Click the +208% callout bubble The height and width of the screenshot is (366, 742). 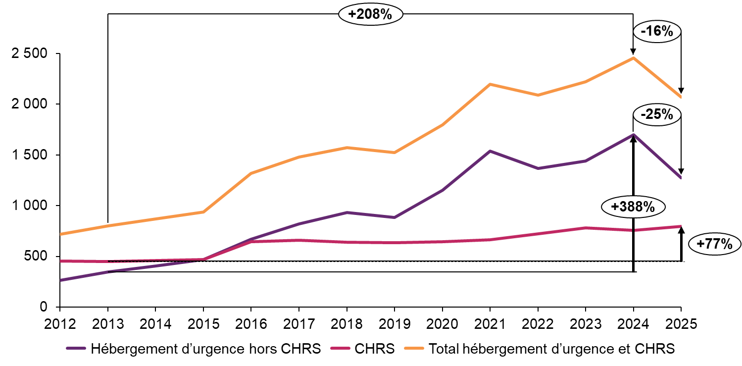(370, 14)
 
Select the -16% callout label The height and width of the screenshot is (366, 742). (657, 32)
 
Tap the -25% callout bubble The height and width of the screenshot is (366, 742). (657, 115)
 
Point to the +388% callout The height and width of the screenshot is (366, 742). (633, 207)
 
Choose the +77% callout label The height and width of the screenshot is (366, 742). (714, 244)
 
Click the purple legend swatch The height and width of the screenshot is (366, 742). (76, 349)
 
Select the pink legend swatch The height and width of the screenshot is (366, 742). (340, 349)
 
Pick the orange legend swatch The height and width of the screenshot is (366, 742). (414, 349)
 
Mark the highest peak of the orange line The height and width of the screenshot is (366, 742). (633, 58)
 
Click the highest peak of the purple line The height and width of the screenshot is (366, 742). (633, 135)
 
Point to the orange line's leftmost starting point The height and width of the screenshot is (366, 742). (60, 234)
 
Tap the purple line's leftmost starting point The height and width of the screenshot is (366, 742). (60, 280)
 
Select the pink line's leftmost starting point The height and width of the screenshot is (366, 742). (60, 261)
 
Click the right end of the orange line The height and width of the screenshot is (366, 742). (681, 97)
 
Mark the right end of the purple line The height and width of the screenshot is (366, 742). (681, 177)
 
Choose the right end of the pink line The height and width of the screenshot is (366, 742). (681, 226)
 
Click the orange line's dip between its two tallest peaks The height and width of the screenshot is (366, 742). (537, 95)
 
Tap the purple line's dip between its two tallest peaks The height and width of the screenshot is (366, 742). (537, 168)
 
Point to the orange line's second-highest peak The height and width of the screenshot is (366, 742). (490, 84)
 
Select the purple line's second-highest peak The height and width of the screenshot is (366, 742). (490, 151)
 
